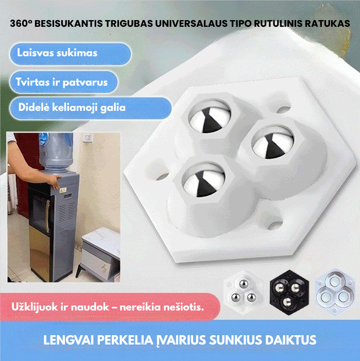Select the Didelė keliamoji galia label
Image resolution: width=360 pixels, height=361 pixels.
pyautogui.click(x=72, y=107)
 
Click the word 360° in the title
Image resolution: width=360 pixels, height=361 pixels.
pyautogui.click(x=23, y=24)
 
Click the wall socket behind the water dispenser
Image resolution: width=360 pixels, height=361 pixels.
pyautogui.click(x=87, y=138)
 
